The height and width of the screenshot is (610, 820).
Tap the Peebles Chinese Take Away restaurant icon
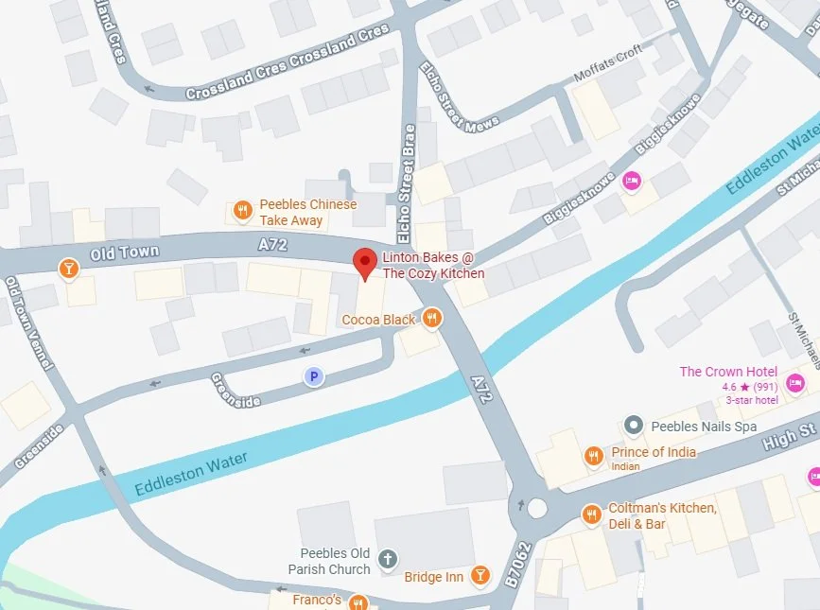tap(243, 211)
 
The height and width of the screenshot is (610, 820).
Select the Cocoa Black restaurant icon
tap(432, 318)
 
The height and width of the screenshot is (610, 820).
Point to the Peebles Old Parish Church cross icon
tap(386, 560)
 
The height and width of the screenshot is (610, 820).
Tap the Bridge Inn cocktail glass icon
tap(480, 574)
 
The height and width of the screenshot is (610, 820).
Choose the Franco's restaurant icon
tap(358, 601)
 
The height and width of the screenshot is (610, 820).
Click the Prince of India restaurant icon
tap(593, 456)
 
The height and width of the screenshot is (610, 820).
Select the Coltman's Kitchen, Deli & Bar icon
tap(591, 514)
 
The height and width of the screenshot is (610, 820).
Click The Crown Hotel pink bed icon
tap(795, 383)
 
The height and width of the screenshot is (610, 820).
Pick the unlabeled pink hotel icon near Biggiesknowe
tap(631, 180)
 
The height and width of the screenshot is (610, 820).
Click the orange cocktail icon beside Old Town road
tap(68, 270)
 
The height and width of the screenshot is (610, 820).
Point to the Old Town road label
tap(126, 253)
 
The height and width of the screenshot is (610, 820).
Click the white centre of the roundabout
tap(537, 508)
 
